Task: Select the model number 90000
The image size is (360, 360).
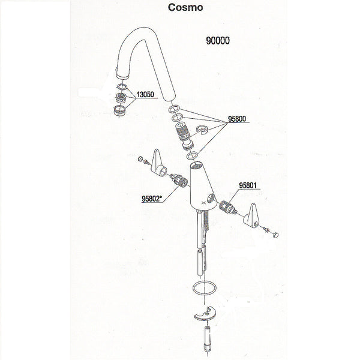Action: (x=219, y=43)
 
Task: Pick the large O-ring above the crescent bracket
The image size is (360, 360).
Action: (x=205, y=290)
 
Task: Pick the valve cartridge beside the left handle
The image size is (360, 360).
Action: (x=176, y=178)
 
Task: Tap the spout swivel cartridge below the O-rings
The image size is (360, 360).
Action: (x=185, y=134)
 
